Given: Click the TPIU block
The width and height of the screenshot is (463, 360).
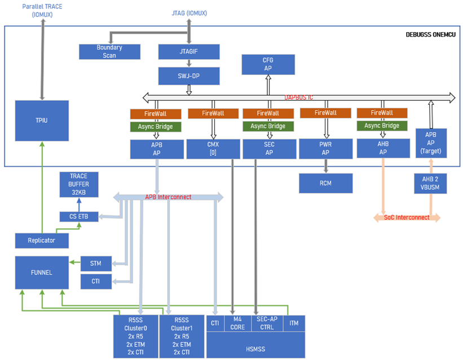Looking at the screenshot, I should click(41, 121).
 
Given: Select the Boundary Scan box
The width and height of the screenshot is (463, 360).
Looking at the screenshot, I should click(109, 52).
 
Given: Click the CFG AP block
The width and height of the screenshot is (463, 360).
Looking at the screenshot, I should click(268, 64).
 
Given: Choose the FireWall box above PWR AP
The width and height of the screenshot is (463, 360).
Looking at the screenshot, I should click(325, 113).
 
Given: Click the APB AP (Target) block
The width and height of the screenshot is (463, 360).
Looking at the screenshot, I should click(431, 144).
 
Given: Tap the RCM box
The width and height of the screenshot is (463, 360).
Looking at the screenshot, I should click(325, 183).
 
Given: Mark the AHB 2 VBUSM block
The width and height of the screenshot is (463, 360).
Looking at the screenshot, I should click(431, 183).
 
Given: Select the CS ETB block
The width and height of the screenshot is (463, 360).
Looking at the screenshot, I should click(79, 216).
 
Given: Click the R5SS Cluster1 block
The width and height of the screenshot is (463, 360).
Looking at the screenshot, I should click(182, 336).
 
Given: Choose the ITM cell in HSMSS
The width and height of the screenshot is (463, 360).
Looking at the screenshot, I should click(293, 323).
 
